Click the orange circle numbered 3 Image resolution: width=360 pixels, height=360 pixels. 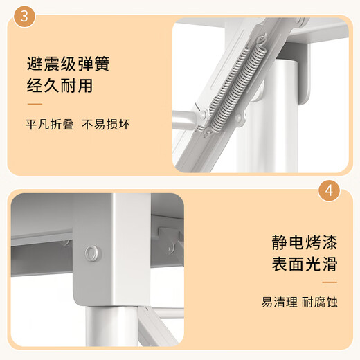coord(24,17)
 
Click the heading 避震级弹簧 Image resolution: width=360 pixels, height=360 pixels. coord(68,66)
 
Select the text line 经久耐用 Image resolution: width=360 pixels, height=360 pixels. coord(59,88)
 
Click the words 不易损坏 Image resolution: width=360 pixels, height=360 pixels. coord(106,125)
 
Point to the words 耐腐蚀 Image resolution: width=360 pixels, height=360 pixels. coord(319,303)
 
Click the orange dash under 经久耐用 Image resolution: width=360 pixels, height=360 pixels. coord(35,105)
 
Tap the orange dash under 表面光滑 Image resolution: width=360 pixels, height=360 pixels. coord(329,282)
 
